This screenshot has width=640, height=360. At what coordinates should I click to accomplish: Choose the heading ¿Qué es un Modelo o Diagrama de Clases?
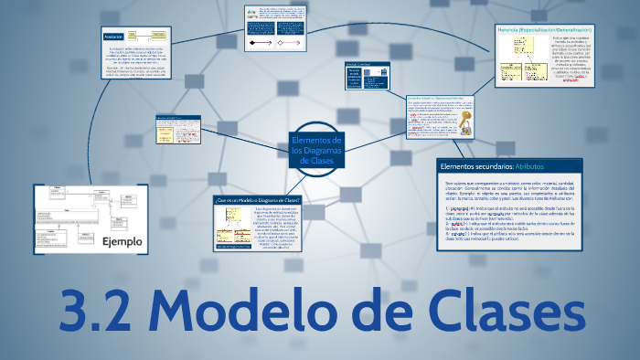257,200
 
